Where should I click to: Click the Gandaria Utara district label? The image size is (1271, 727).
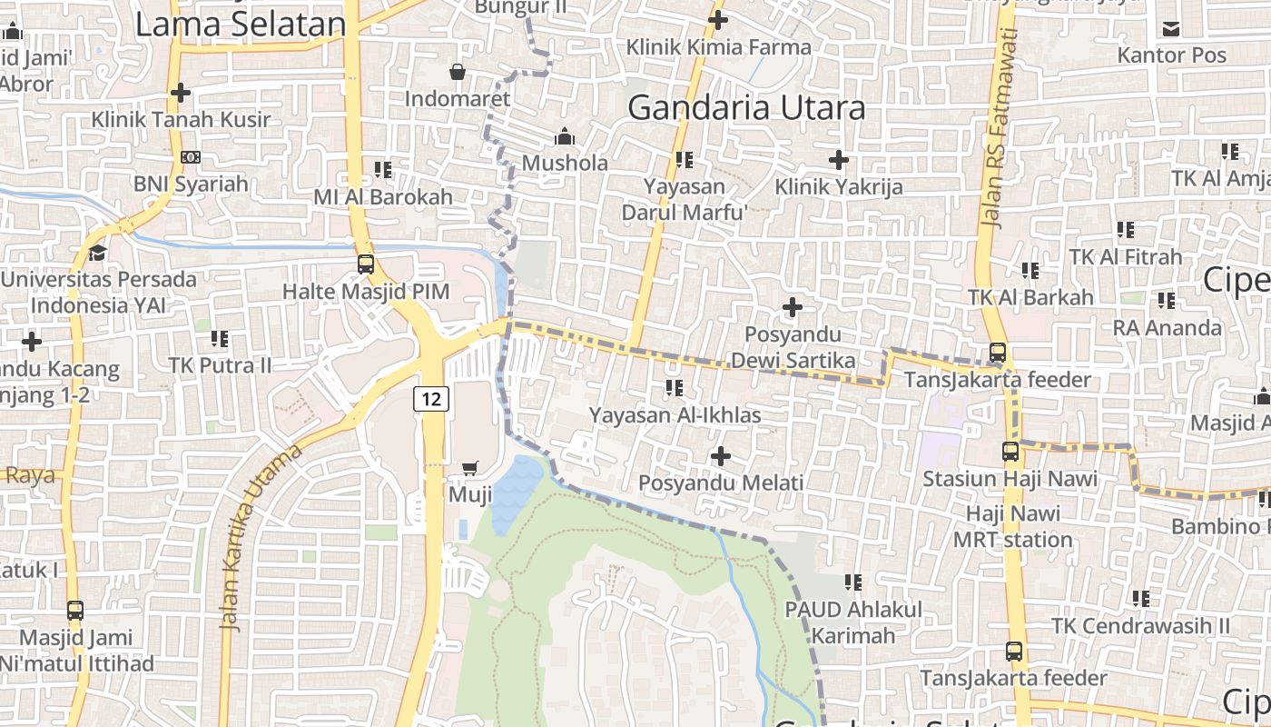click(x=746, y=107)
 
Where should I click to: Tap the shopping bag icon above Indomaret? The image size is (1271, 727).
click(x=458, y=71)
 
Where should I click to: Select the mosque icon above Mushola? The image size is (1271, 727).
click(x=565, y=137)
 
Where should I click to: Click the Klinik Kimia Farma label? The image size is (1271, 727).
click(x=718, y=46)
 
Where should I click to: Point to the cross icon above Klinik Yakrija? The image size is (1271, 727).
click(x=839, y=161)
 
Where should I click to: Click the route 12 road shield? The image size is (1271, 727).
click(x=432, y=398)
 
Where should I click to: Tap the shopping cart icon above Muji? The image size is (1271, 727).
click(x=470, y=469)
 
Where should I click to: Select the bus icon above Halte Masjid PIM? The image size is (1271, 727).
click(x=366, y=264)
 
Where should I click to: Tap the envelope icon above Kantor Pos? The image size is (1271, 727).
click(x=1171, y=29)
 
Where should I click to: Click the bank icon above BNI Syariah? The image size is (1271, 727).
click(x=191, y=157)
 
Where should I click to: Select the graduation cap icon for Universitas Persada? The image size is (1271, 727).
click(x=97, y=253)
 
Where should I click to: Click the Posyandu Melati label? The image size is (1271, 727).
click(x=721, y=482)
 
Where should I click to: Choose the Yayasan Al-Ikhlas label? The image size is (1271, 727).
click(x=675, y=414)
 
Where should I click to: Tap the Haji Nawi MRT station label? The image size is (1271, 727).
click(x=1012, y=526)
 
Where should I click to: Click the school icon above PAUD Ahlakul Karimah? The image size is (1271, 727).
click(x=853, y=582)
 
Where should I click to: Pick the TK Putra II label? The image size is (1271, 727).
click(x=220, y=365)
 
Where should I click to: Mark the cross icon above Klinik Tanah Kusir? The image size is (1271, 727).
click(x=181, y=93)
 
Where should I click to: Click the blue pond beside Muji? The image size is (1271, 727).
click(x=516, y=491)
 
